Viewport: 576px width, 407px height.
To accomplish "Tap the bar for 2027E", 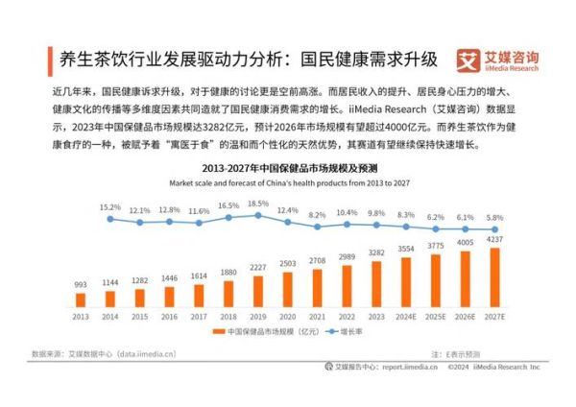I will (493, 277).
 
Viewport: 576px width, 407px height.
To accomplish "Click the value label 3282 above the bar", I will (376, 253).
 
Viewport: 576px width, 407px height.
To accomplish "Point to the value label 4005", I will (465, 243).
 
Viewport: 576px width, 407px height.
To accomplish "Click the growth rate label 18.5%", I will (256, 204).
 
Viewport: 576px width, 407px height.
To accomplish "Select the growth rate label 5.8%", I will (493, 217).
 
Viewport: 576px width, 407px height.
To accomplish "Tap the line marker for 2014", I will (110, 219).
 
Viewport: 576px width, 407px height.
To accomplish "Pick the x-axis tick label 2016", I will (169, 318).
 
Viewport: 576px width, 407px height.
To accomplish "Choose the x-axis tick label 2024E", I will (405, 318).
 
